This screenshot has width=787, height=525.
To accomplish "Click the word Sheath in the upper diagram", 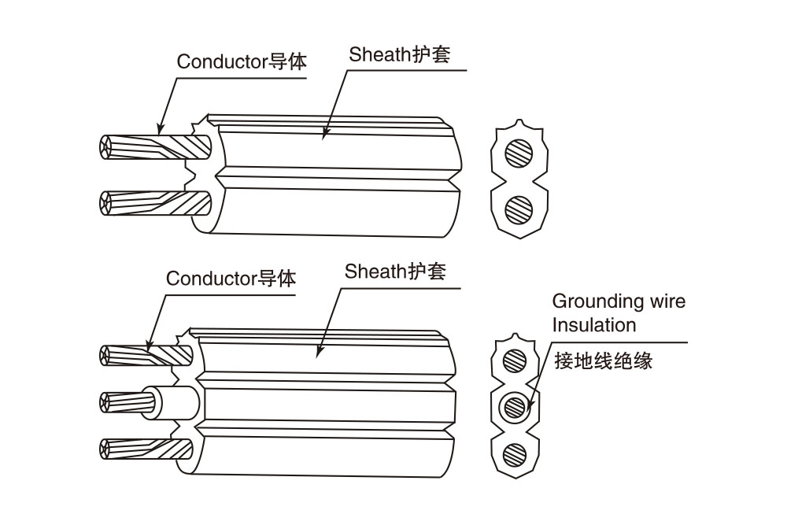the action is pyautogui.click(x=380, y=54).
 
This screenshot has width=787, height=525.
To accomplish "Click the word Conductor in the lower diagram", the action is pyautogui.click(x=211, y=279).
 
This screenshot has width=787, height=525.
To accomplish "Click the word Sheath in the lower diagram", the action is pyautogui.click(x=375, y=272).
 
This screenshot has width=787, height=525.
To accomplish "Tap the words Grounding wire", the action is pyautogui.click(x=619, y=301).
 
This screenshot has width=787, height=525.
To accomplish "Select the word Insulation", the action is pyautogui.click(x=594, y=325).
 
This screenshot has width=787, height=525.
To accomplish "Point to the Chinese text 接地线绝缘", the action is pyautogui.click(x=604, y=360).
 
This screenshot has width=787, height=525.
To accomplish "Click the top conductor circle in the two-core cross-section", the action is pyautogui.click(x=519, y=153).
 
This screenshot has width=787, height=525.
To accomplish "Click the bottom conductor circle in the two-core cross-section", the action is pyautogui.click(x=519, y=209).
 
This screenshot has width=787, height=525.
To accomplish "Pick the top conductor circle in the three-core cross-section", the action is pyautogui.click(x=515, y=360).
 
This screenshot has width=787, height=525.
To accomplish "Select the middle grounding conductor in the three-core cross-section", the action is pyautogui.click(x=515, y=407).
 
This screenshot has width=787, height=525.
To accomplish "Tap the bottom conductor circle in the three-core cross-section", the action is pyautogui.click(x=515, y=454).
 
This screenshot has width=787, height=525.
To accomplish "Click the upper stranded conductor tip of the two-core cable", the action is pyautogui.click(x=106, y=147).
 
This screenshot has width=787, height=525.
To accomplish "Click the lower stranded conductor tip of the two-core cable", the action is pyautogui.click(x=106, y=203).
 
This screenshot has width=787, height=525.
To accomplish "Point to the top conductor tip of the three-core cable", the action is pyautogui.click(x=105, y=356).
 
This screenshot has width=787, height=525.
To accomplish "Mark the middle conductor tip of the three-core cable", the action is pyautogui.click(x=106, y=402).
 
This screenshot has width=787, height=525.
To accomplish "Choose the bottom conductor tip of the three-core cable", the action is pyautogui.click(x=105, y=449).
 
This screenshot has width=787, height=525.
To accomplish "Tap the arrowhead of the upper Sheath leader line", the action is pyautogui.click(x=325, y=134).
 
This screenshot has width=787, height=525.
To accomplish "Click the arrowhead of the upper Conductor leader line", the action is pyautogui.click(x=161, y=128).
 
